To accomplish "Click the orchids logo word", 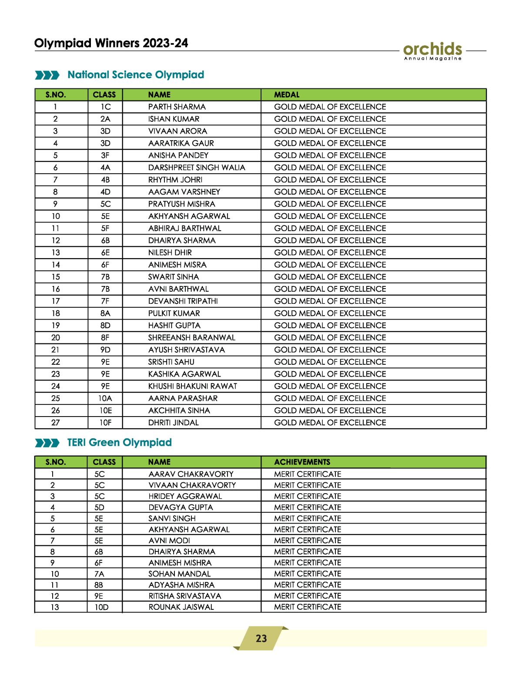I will [432, 49].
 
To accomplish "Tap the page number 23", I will [261, 639].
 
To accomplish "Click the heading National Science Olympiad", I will [136, 75].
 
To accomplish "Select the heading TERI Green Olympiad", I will [120, 443].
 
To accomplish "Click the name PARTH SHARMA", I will [177, 107].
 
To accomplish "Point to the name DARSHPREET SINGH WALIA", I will [197, 168].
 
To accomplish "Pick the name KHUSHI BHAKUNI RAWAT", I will [193, 386].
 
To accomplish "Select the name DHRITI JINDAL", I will [173, 423].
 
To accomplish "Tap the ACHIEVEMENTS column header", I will [302, 462].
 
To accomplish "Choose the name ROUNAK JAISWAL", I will [181, 607].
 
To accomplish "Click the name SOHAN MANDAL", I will [179, 574].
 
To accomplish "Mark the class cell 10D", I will [101, 607].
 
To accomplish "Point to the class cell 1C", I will [105, 107].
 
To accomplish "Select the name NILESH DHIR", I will [170, 253].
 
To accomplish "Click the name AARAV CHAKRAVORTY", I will [191, 474].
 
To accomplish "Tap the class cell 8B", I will [99, 585].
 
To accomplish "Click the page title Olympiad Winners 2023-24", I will [111, 43].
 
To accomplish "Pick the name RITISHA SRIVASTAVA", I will [185, 596].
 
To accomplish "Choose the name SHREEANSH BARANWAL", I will [191, 338].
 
